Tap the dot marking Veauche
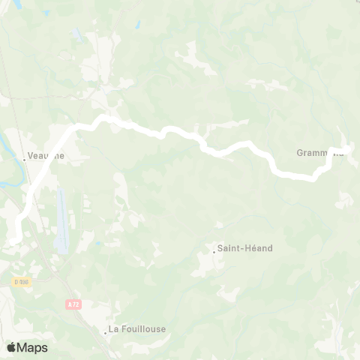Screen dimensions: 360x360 pyautogui.click(x=25, y=157)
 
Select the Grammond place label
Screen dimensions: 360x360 pyautogui.click(x=319, y=153)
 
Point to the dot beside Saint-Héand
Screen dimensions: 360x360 pyautogui.click(x=214, y=250)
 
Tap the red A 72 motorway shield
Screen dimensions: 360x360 pyautogui.click(x=73, y=304)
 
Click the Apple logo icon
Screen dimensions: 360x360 pyautogui.click(x=11, y=347)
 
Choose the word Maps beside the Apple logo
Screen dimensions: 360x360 pyautogui.click(x=33, y=347)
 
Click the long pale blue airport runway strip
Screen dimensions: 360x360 pyautogui.click(x=62, y=220)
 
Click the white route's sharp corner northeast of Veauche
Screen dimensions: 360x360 pyautogui.click(x=75, y=127)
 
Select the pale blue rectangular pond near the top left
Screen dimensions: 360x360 pyautogui.click(x=77, y=35)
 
